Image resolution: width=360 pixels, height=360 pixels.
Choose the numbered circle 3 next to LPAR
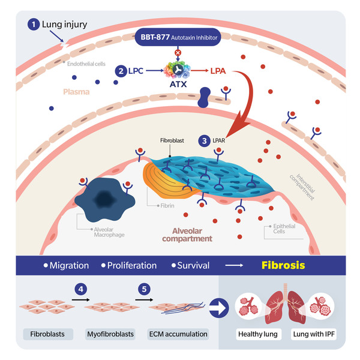click(x=205, y=140)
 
